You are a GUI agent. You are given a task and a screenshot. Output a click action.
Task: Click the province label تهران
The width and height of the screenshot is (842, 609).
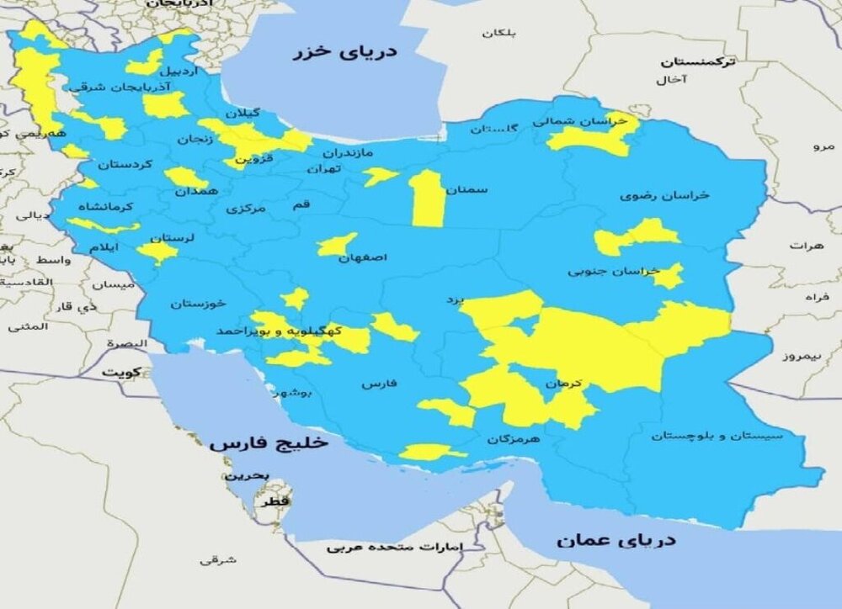[x=325, y=169]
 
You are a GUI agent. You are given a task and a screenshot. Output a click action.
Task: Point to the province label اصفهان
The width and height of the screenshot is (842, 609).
[x=362, y=258]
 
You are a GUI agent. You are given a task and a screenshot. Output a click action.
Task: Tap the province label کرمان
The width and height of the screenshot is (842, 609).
[x=563, y=384]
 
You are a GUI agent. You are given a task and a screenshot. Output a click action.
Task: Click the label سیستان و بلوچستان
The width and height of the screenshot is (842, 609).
[x=717, y=435]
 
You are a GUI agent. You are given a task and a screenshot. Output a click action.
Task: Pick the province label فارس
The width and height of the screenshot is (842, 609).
[x=378, y=384]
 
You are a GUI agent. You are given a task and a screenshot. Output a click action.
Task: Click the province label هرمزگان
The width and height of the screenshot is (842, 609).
[x=514, y=439]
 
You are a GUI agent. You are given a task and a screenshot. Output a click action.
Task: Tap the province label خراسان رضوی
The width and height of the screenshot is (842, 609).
[x=665, y=195]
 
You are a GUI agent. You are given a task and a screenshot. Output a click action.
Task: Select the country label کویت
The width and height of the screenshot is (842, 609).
[x=121, y=371]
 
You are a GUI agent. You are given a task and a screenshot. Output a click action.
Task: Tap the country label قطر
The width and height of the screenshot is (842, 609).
[x=276, y=501]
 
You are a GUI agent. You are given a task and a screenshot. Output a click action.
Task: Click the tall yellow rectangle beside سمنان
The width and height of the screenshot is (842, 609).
[x=427, y=199]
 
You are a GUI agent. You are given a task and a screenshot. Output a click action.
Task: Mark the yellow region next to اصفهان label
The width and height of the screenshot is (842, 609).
[x=335, y=245]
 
